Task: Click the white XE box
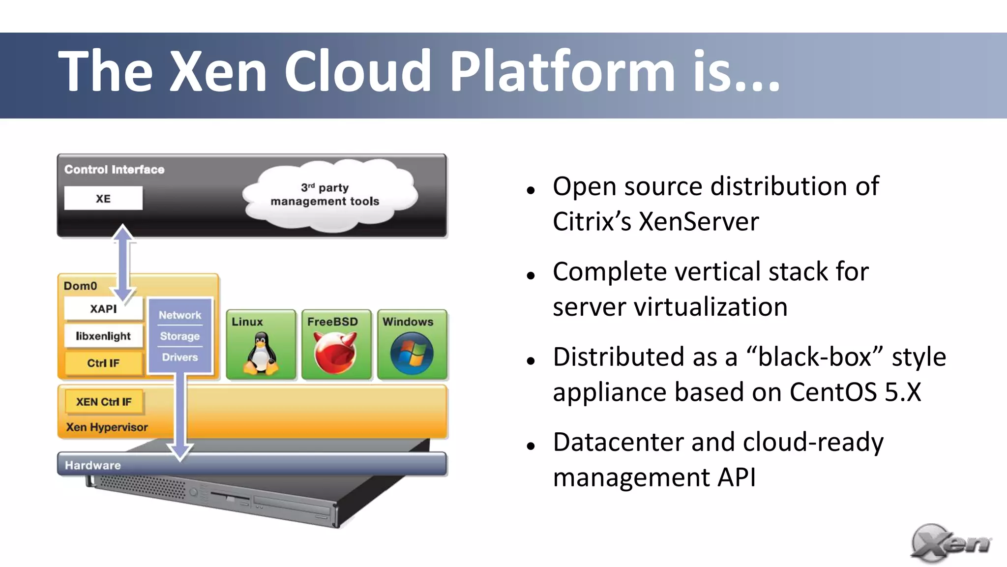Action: point(103,198)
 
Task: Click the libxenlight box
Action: point(103,336)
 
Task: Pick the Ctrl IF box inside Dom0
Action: point(103,363)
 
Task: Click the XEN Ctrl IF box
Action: point(104,402)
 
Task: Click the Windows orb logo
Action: point(412,354)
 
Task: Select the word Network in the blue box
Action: point(180,315)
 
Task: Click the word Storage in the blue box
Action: point(180,336)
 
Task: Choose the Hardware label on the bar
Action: point(93,465)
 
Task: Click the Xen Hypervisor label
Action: point(107,427)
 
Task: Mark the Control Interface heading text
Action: point(114,170)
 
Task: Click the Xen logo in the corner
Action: point(950,543)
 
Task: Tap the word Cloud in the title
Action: point(358,71)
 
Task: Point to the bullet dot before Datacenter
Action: point(531,446)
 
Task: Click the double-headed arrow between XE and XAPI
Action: point(123,263)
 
